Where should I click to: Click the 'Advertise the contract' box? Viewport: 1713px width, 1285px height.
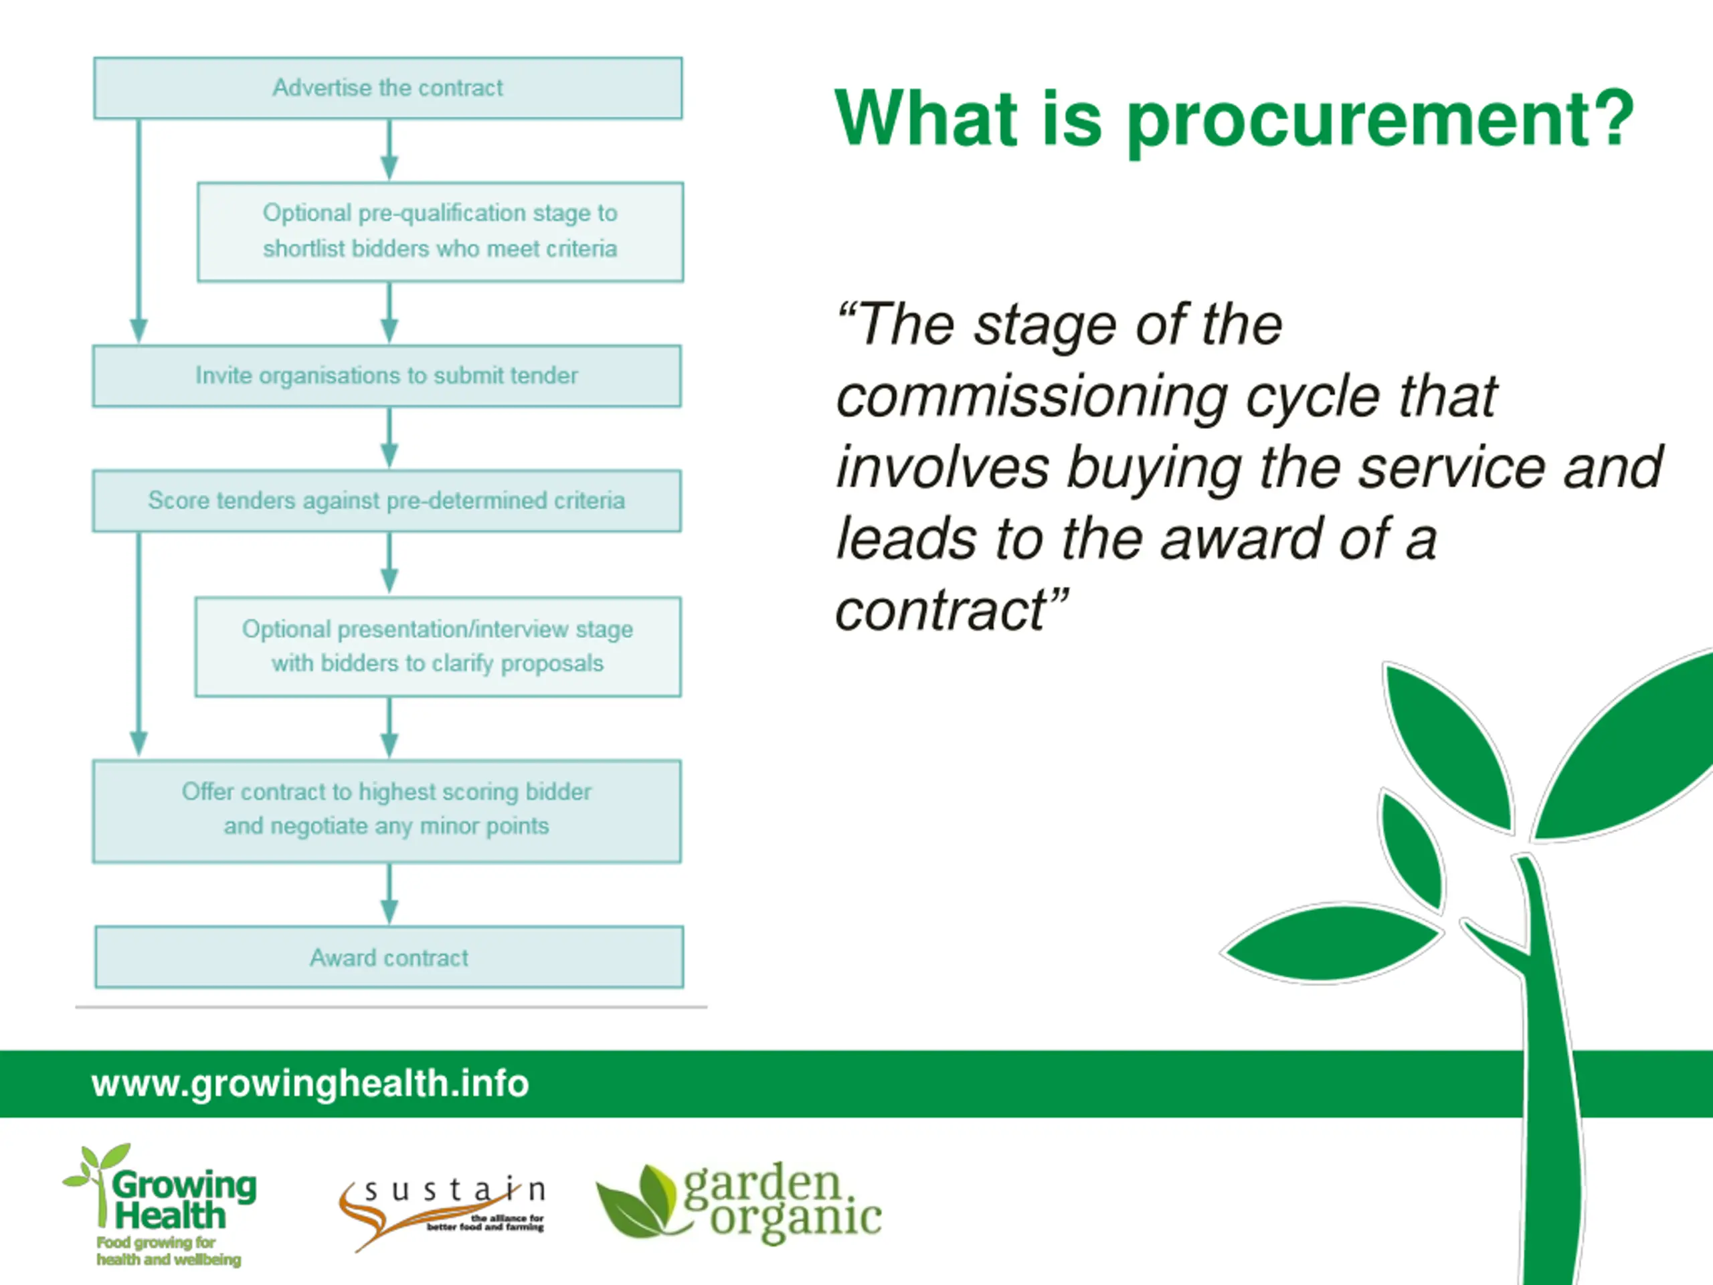pos(387,88)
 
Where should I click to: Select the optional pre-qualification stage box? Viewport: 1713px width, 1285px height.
pos(440,232)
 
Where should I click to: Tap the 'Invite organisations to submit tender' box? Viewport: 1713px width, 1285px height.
pos(387,375)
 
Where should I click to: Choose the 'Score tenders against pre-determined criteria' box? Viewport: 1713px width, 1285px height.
pos(387,501)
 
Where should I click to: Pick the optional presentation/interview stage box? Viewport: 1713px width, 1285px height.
pos(438,646)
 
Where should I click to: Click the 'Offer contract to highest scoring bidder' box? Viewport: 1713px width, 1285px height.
pos(387,810)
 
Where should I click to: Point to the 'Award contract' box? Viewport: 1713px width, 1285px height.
pos(389,957)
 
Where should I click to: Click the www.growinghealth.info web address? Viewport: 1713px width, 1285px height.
pos(310,1083)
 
